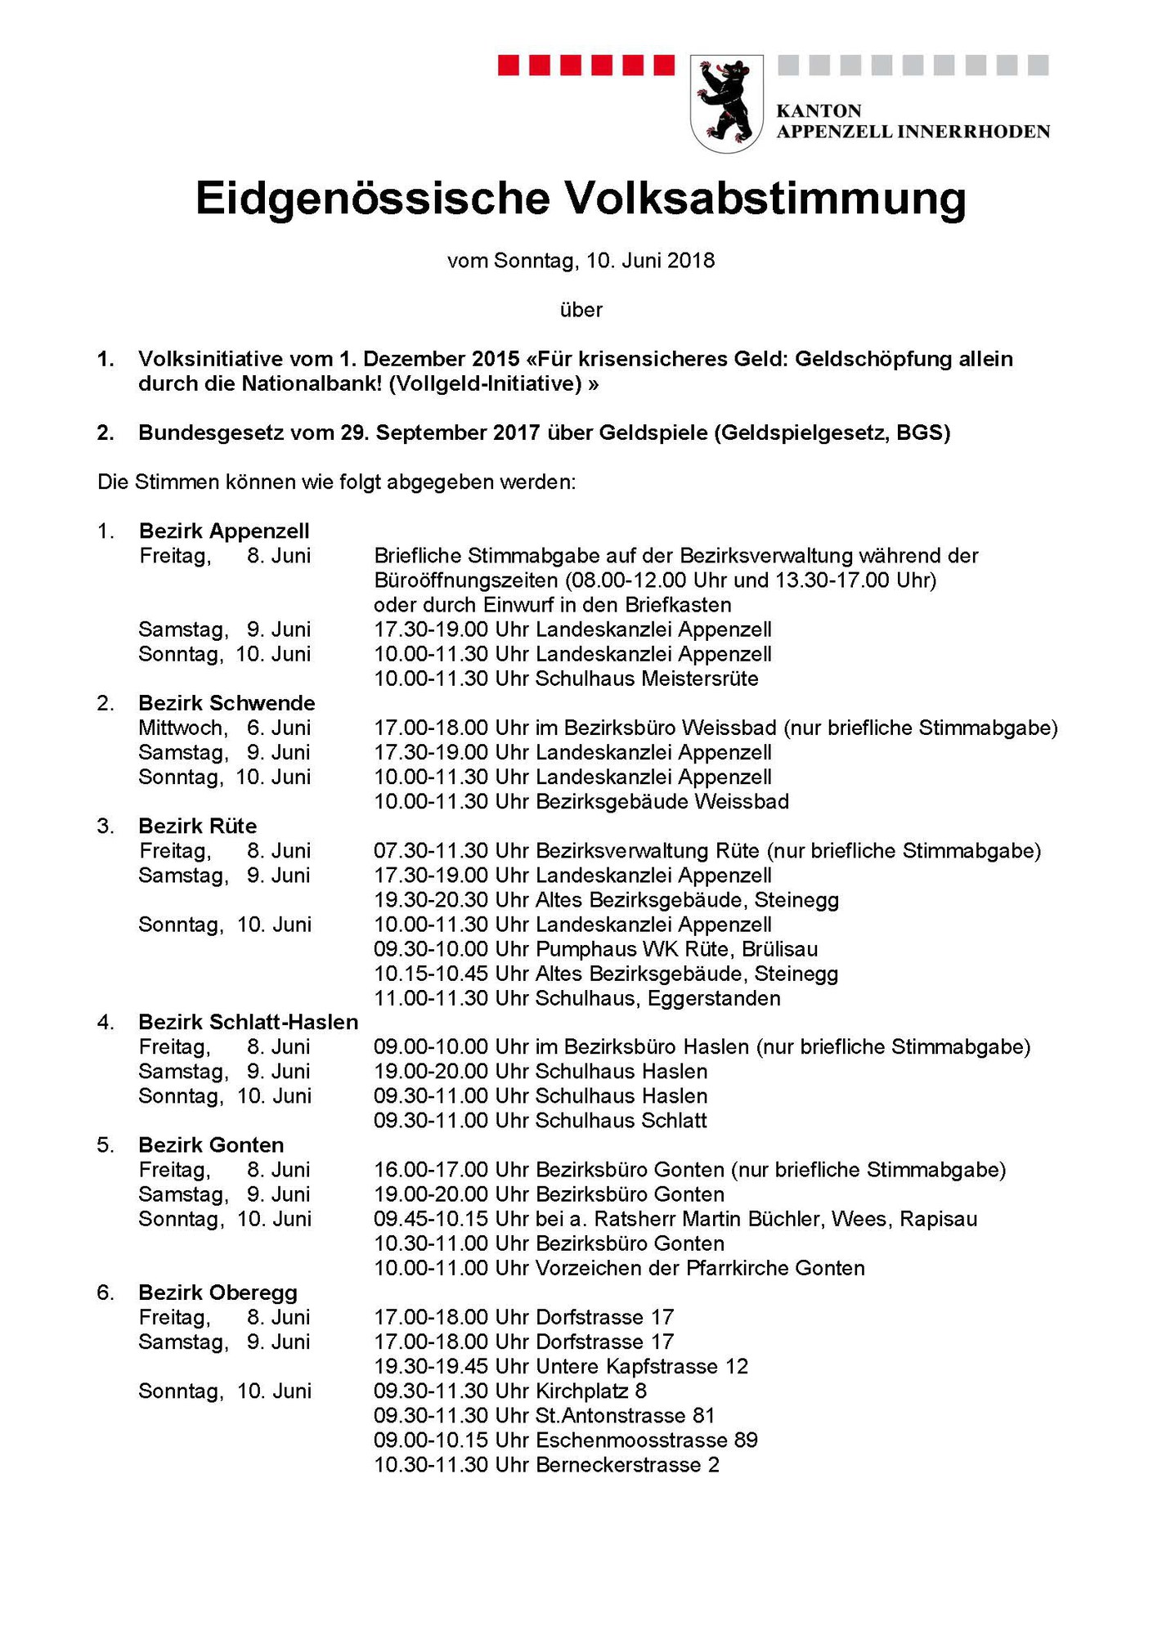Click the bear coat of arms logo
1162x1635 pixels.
726,102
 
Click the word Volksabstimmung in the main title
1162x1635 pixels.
765,199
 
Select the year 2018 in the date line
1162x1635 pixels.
691,261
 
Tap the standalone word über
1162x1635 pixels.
581,310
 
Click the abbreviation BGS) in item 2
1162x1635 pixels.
923,432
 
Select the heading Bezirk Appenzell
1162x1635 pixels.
223,531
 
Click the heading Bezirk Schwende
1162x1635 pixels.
227,703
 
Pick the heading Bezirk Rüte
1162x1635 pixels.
197,826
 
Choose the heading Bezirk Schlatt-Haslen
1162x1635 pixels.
248,1022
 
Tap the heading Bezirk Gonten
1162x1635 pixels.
211,1144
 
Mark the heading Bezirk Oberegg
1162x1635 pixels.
218,1292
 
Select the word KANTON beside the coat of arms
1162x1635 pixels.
819,111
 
